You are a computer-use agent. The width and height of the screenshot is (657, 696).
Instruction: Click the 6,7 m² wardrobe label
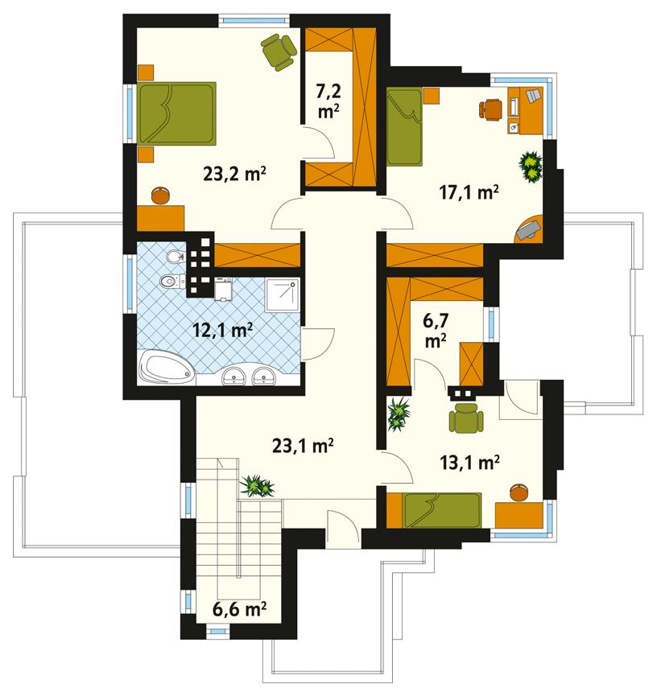point(436,331)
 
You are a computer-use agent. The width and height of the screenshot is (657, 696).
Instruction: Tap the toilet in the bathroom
point(169,282)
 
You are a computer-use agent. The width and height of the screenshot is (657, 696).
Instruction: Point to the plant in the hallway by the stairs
point(258,485)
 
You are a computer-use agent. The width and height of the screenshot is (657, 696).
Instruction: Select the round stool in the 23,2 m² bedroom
point(161,195)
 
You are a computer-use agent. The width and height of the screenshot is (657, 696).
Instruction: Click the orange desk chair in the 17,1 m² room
point(490,108)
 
